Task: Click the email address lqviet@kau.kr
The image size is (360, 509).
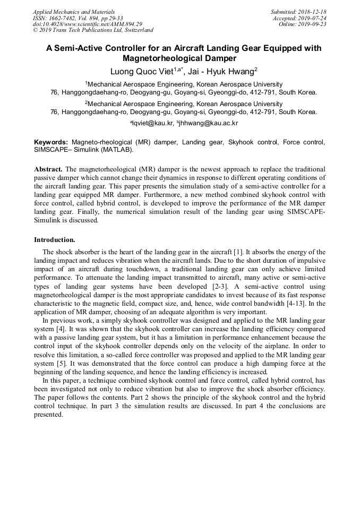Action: pyautogui.click(x=153, y=123)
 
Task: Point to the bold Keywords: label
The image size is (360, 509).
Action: pyautogui.click(x=51, y=142)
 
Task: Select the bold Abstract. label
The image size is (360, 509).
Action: pyautogui.click(x=48, y=169)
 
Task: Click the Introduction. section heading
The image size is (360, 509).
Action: pyautogui.click(x=55, y=239)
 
